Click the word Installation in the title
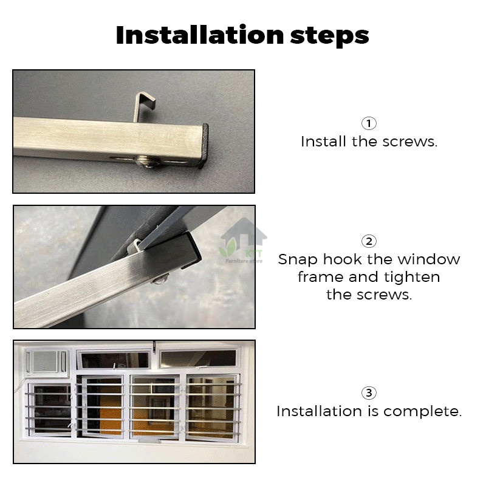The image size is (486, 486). point(200,35)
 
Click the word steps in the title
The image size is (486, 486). point(329,36)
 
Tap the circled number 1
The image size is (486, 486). point(369,123)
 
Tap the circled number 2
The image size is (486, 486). point(369,241)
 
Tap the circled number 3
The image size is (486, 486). point(369,393)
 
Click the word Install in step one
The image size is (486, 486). point(323,142)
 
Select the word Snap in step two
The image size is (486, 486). point(298,260)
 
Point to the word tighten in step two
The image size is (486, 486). point(412,277)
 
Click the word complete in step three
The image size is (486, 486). point(422,412)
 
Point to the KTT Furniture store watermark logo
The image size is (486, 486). point(244,242)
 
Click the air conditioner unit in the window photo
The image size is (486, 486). point(47,361)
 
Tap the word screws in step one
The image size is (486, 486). point(409,142)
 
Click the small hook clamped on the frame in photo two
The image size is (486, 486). point(134,245)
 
